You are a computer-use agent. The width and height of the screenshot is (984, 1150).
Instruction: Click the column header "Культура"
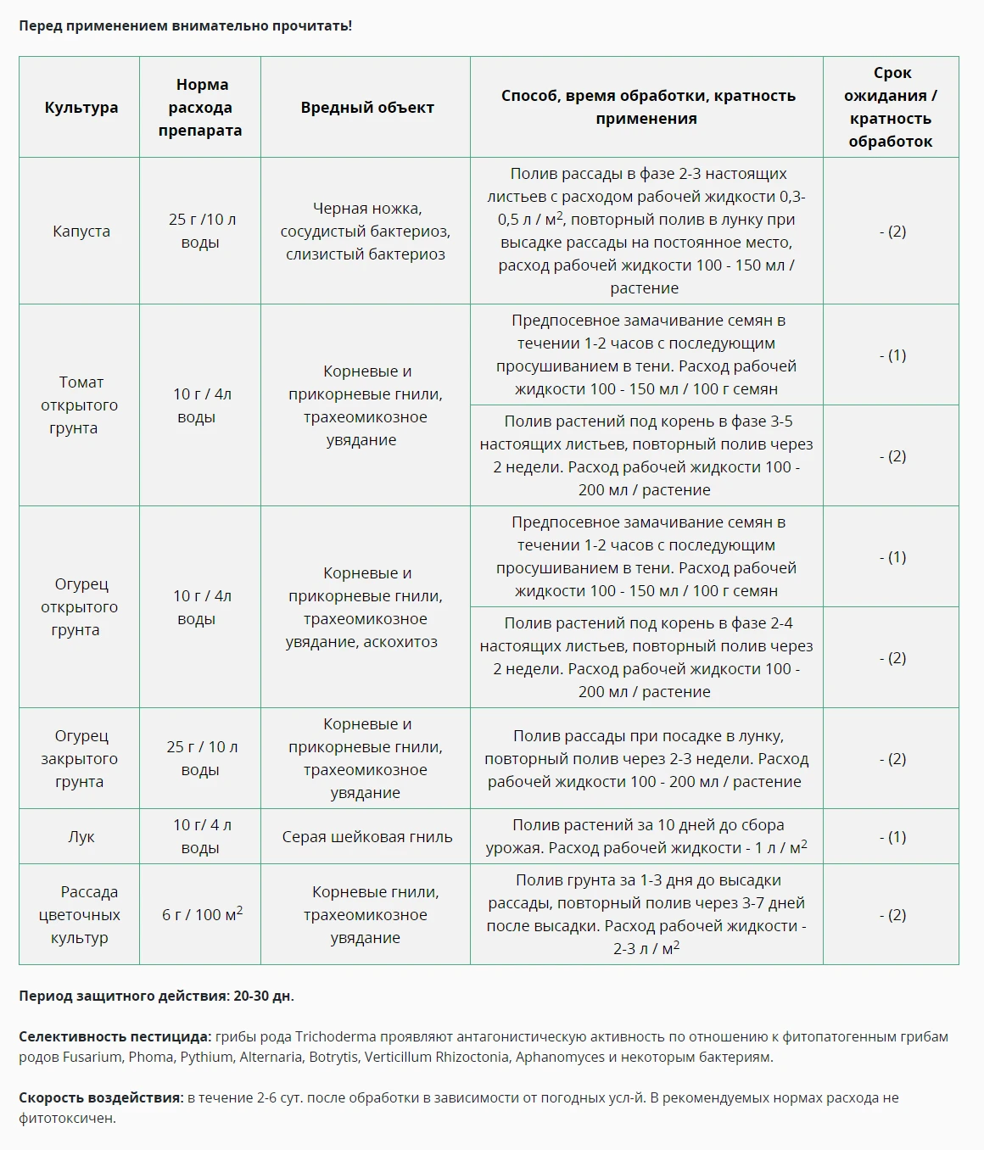(81, 108)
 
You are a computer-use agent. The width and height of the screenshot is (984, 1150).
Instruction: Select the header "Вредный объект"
(366, 108)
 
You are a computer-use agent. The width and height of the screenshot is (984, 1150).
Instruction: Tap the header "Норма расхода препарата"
(200, 108)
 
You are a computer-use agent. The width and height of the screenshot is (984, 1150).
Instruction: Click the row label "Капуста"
(81, 232)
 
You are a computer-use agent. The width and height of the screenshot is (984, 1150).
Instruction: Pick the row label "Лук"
(81, 837)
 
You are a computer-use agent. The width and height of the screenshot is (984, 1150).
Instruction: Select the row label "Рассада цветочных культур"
(80, 915)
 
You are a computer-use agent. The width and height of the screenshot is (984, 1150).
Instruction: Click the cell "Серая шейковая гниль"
(366, 837)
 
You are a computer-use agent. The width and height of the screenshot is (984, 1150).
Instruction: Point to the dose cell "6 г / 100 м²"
(202, 914)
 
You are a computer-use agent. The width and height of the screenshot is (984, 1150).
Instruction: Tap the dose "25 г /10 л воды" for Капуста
(200, 231)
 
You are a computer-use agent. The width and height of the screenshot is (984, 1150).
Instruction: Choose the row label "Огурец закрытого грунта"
(80, 759)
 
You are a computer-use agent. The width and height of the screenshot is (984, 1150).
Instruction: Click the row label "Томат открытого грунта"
(80, 405)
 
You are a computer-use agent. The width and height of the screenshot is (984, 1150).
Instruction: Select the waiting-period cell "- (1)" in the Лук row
(892, 837)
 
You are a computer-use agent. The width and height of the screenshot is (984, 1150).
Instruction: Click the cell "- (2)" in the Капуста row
(892, 232)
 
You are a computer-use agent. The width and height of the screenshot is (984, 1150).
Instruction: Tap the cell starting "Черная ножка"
(366, 232)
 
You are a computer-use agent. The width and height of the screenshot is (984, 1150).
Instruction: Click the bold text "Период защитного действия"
(123, 996)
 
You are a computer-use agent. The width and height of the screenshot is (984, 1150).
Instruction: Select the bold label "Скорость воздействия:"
(101, 1097)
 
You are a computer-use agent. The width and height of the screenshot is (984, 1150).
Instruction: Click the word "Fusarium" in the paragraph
(92, 1057)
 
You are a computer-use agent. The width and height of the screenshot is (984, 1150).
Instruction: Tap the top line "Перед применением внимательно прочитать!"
(185, 25)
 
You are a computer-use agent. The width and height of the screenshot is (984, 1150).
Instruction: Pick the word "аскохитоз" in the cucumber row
(400, 642)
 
